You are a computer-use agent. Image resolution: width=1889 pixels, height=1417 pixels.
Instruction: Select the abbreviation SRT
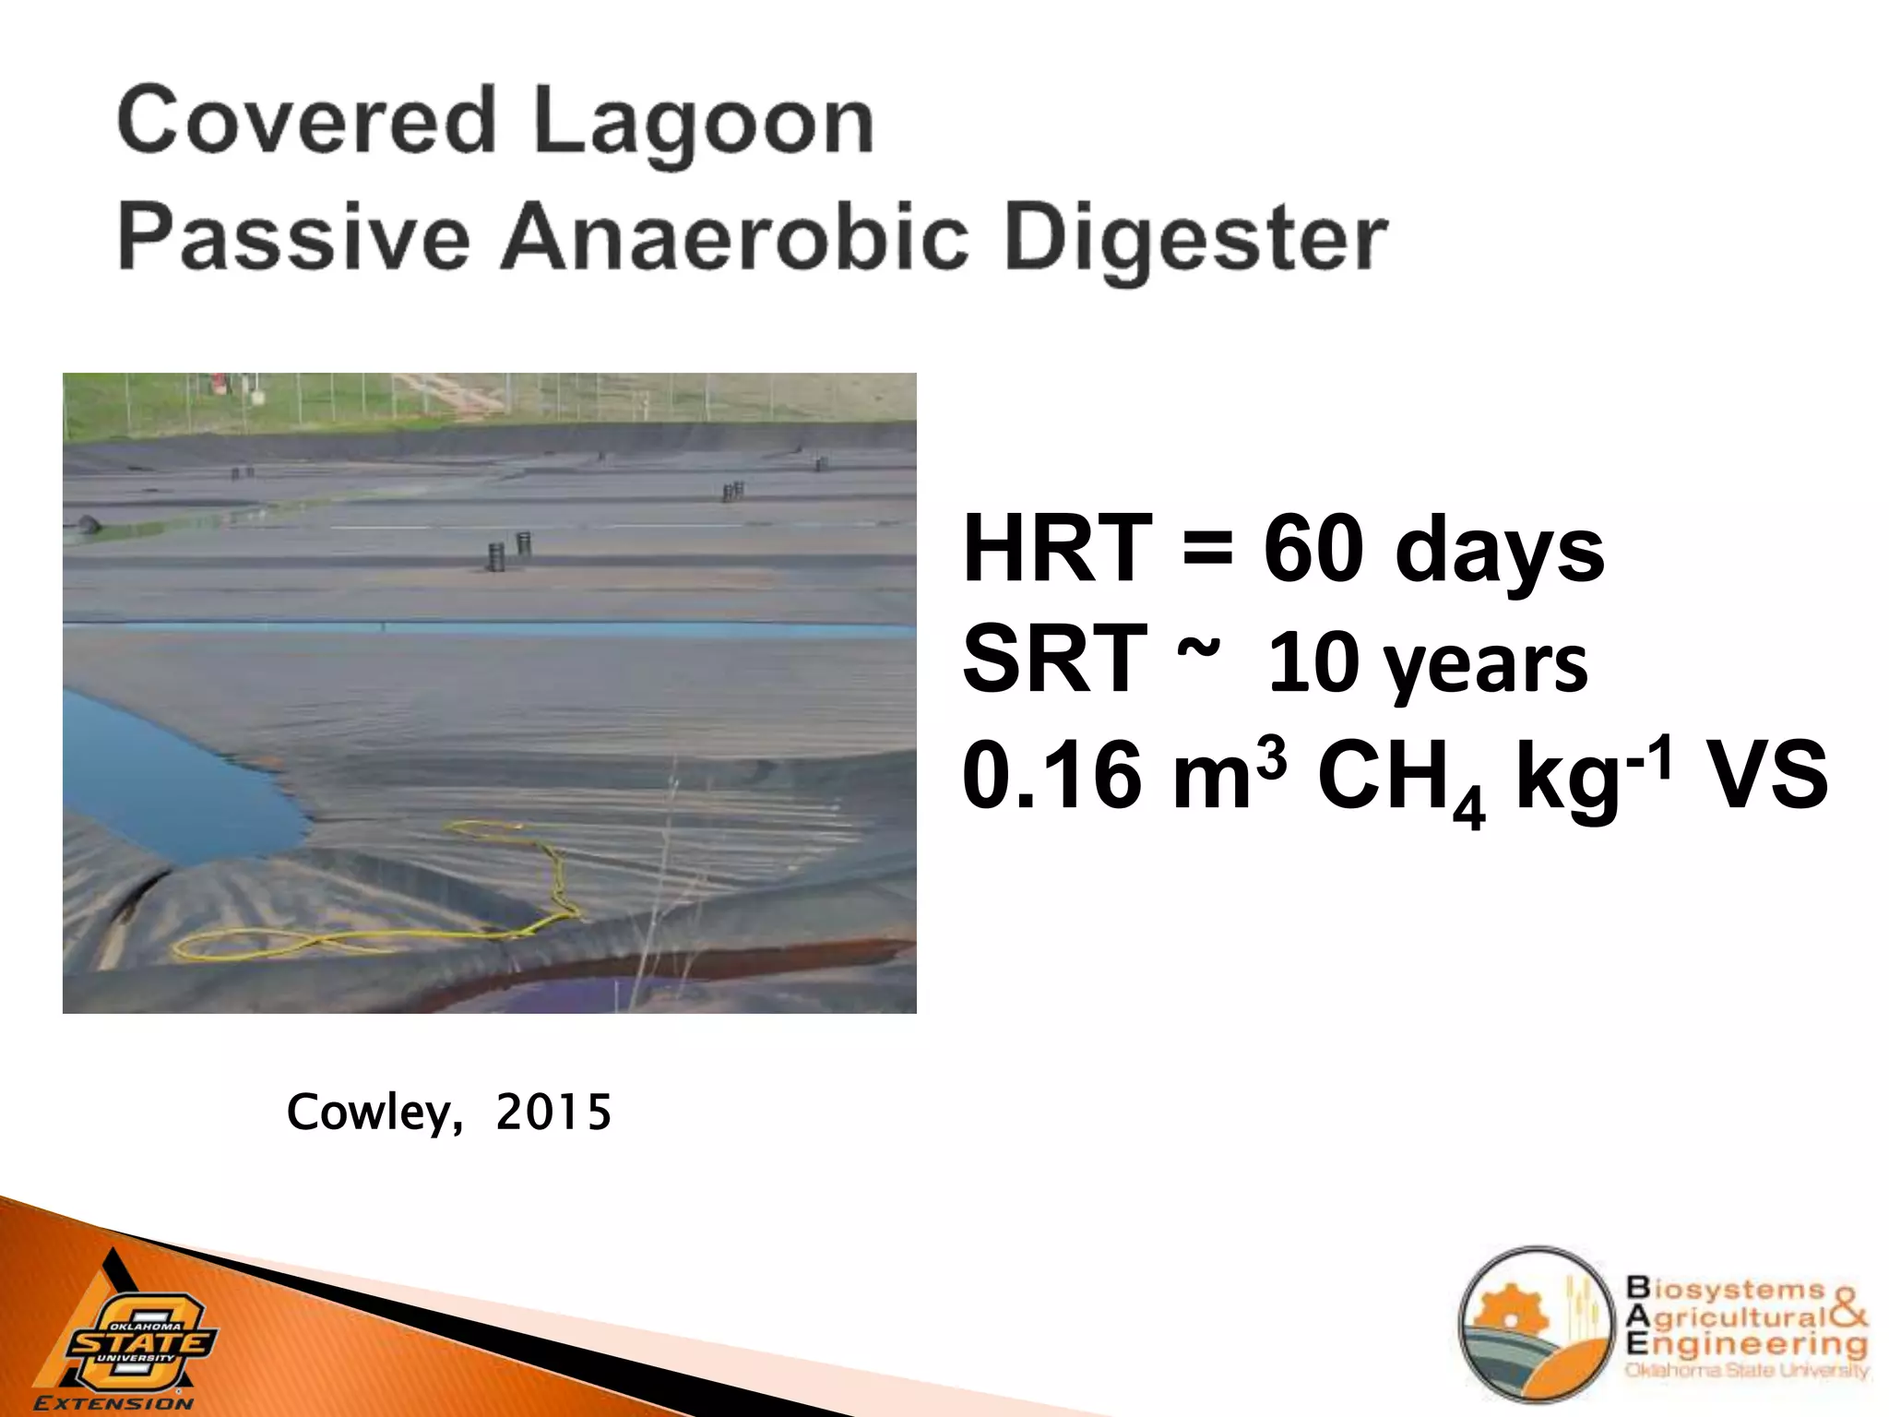pos(1054,659)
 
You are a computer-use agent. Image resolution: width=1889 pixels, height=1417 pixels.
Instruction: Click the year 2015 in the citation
pos(552,1113)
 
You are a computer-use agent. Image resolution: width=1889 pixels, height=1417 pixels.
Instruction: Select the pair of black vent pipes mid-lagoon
pos(509,551)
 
